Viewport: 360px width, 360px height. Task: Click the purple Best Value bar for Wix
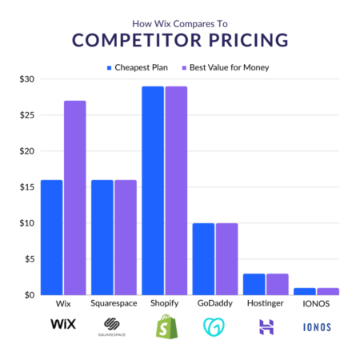coord(74,198)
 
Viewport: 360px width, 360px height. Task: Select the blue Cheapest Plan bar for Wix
coord(52,237)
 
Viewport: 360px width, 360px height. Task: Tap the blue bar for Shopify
coord(152,190)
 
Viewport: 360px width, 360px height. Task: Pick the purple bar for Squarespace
coord(124,237)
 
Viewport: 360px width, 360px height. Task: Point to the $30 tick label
coord(26,79)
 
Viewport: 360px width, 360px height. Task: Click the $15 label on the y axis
coord(26,187)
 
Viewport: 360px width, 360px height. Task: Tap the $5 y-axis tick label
coord(28,259)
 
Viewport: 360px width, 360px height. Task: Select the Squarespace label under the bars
coord(114,305)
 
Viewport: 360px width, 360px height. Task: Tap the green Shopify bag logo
coord(164,326)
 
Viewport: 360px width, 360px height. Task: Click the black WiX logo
coord(62,324)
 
